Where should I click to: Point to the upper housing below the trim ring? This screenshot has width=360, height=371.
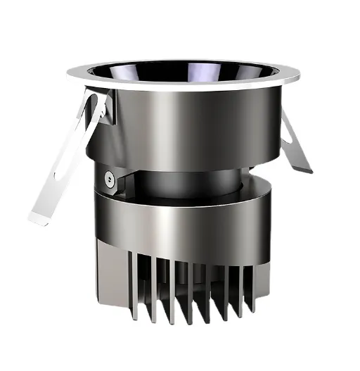coord(211,127)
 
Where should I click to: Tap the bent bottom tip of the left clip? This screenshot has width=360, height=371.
coord(35,215)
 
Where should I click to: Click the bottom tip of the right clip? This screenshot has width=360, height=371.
coord(304,169)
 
